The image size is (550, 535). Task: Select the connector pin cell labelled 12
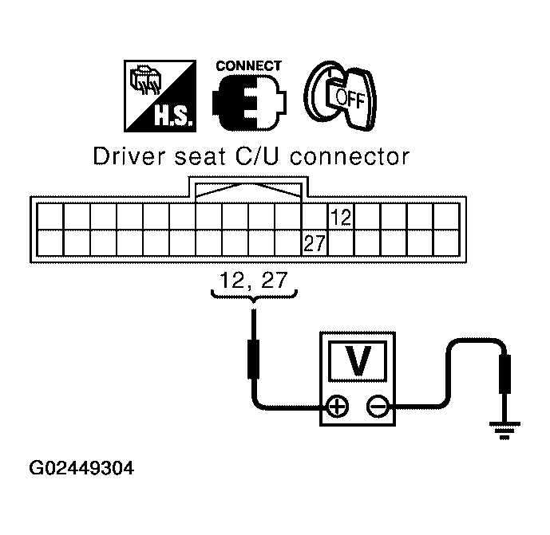click(340, 217)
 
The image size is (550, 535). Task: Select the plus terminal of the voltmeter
click(338, 407)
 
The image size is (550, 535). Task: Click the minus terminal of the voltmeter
click(378, 407)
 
